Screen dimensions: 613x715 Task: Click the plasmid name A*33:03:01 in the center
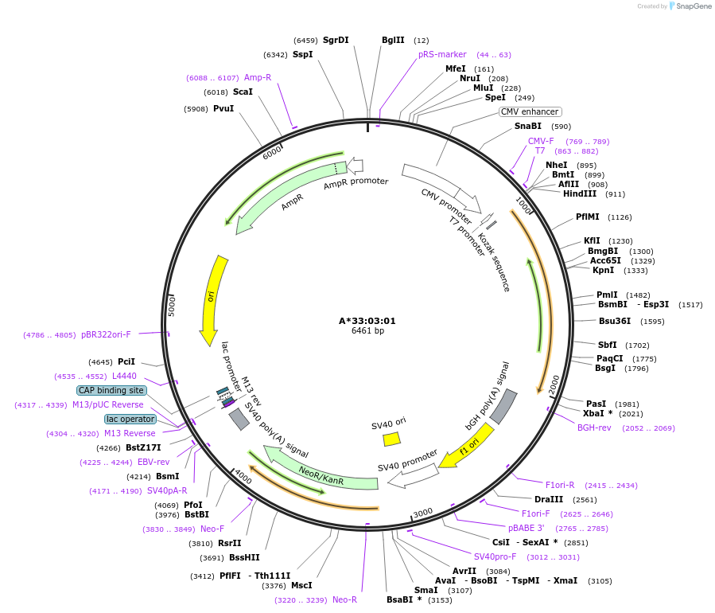point(367,321)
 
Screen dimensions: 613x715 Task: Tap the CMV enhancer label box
point(530,111)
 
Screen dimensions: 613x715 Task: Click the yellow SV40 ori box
point(391,439)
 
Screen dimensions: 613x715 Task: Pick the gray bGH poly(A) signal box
point(503,407)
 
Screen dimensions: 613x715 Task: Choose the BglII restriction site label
point(393,40)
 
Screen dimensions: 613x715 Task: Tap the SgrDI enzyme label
point(336,40)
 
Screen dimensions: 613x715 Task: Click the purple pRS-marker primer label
point(442,54)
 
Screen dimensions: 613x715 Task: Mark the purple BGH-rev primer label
point(594,428)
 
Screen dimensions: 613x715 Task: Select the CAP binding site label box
point(111,390)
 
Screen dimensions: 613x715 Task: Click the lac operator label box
point(130,419)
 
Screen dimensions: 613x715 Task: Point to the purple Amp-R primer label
point(258,77)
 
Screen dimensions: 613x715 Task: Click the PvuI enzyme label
point(223,108)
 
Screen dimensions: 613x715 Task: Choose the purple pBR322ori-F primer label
point(106,334)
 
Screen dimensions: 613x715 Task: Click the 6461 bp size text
point(367,331)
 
